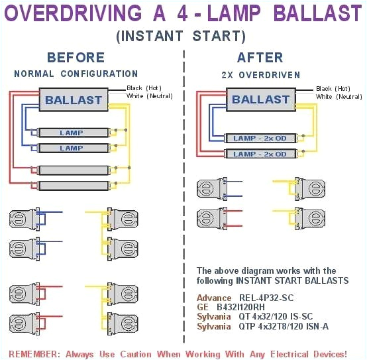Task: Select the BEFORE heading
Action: [x=76, y=58]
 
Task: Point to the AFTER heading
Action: [x=260, y=58]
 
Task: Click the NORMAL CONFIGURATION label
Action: [x=76, y=74]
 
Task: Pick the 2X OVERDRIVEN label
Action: [x=260, y=74]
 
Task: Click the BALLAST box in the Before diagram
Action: [x=74, y=101]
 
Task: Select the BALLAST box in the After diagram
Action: [x=260, y=99]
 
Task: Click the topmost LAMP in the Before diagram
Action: [x=72, y=133]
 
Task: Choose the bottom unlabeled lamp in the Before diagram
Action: [x=72, y=185]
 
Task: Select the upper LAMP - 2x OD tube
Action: [x=260, y=139]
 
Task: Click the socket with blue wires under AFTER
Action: [x=213, y=188]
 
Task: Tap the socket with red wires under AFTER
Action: [x=213, y=217]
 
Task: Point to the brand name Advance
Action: [x=214, y=298]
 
